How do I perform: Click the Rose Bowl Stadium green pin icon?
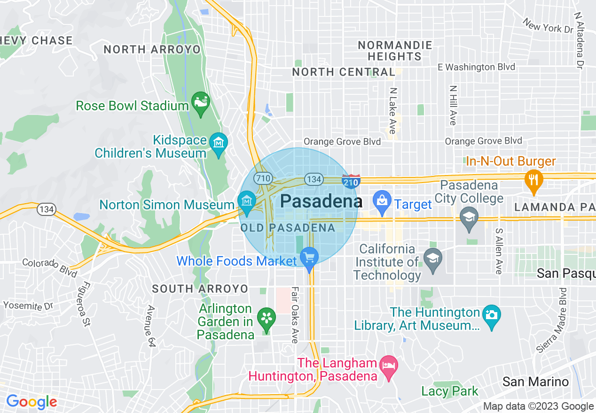click(x=201, y=104)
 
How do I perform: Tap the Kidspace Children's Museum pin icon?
click(x=219, y=141)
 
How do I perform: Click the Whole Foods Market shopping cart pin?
click(x=309, y=258)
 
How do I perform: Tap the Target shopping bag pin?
click(x=382, y=201)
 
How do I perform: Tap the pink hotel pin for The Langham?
click(x=389, y=364)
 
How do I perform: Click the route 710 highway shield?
click(x=262, y=178)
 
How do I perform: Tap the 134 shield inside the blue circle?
click(x=313, y=179)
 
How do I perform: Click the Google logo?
click(x=31, y=402)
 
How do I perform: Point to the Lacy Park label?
click(x=449, y=391)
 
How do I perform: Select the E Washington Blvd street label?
click(x=476, y=67)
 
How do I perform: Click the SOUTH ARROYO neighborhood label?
click(x=200, y=289)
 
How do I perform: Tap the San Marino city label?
click(x=535, y=382)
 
